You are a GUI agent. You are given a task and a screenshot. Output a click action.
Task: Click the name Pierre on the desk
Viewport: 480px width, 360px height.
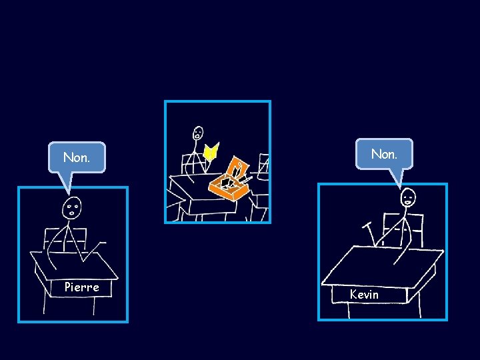pyautogui.click(x=81, y=287)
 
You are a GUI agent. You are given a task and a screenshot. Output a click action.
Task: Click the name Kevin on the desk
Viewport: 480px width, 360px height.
pyautogui.click(x=364, y=294)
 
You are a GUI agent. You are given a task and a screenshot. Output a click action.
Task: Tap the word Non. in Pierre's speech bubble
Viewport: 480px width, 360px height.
pyautogui.click(x=76, y=158)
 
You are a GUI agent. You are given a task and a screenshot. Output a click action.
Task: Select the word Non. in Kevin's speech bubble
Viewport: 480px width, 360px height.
pyautogui.click(x=384, y=154)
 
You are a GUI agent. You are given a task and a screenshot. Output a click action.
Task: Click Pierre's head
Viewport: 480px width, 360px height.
pyautogui.click(x=72, y=209)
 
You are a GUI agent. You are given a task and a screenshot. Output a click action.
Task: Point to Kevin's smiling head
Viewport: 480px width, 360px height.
pyautogui.click(x=408, y=197)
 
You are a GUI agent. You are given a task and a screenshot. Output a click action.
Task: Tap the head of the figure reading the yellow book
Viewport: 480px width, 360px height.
pyautogui.click(x=198, y=133)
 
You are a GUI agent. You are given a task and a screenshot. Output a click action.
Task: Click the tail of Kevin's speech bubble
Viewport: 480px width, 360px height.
pyautogui.click(x=397, y=177)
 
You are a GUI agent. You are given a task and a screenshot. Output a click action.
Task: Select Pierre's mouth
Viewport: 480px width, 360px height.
pyautogui.click(x=71, y=215)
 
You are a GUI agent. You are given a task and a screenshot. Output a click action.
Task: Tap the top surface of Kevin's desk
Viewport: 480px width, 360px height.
pyautogui.click(x=380, y=264)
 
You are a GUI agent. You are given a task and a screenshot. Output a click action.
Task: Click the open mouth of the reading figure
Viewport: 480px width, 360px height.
pyautogui.click(x=198, y=137)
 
